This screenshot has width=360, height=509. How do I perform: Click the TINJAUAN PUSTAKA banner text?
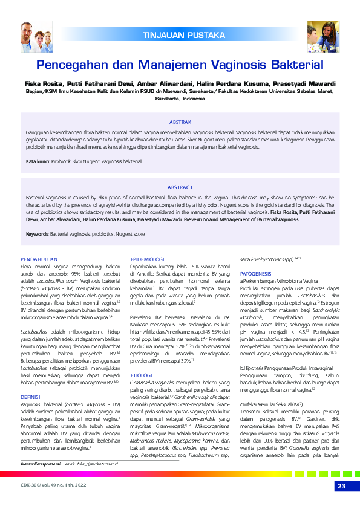[183, 36]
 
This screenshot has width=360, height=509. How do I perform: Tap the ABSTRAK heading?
[180, 122]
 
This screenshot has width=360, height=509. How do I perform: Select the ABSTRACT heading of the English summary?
[180, 187]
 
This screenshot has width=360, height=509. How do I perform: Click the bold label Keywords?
[38, 234]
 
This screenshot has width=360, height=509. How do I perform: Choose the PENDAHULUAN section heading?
[39, 258]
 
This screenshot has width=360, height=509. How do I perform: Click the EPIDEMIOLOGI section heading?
[148, 258]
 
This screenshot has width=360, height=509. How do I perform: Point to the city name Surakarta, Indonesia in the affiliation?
[180, 98]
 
